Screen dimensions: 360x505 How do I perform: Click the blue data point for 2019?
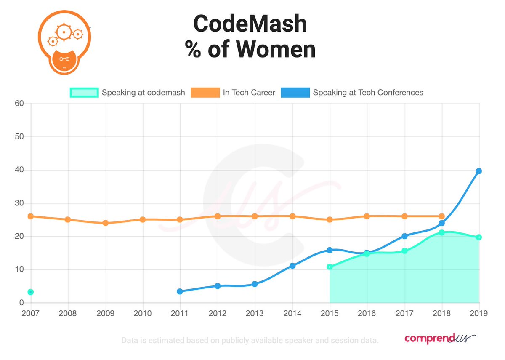click(479, 171)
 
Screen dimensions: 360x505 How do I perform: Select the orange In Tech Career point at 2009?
click(105, 223)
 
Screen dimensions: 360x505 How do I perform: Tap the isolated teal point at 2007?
click(30, 292)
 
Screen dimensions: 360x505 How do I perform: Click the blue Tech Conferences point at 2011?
click(180, 291)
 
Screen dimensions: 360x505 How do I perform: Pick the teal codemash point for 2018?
click(441, 232)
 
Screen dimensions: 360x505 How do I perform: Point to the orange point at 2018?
click(441, 216)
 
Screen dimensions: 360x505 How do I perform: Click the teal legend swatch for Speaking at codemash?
click(84, 93)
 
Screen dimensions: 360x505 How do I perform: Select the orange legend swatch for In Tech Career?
click(205, 93)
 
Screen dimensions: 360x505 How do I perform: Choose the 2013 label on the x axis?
click(255, 313)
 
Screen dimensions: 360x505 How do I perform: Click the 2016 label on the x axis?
click(367, 313)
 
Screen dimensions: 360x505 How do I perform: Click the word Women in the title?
click(276, 49)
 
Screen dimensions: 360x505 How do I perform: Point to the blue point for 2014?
click(292, 266)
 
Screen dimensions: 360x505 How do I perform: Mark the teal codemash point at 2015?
click(330, 267)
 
